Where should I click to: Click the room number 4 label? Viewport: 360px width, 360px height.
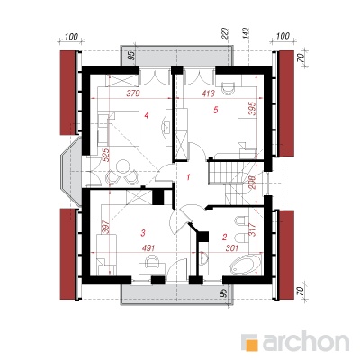tap(147, 114)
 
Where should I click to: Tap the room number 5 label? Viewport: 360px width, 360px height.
tap(215, 110)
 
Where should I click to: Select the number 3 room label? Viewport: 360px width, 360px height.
tap(143, 232)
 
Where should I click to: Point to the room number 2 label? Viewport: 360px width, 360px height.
tap(224, 238)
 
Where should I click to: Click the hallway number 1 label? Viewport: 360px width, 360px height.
tap(188, 177)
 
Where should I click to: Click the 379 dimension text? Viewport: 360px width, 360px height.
tap(133, 94)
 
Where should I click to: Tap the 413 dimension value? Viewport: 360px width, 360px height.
tap(209, 94)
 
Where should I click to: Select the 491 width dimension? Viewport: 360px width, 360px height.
tap(148, 248)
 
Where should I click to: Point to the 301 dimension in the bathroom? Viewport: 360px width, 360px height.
tap(232, 248)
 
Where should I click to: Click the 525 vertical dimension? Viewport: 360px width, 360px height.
tap(106, 155)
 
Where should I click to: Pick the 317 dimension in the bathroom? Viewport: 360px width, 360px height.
tap(251, 229)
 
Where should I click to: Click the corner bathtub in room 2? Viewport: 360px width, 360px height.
tap(245, 265)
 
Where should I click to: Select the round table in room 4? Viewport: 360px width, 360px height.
tap(122, 166)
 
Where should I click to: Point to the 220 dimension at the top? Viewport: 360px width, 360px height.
tap(226, 33)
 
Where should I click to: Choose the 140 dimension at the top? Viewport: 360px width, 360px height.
tap(246, 33)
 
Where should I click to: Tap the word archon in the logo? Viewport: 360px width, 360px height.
tap(306, 341)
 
